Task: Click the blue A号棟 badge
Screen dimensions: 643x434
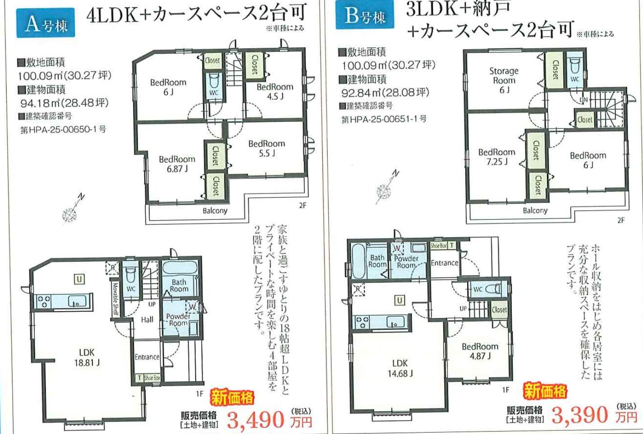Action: (46, 23)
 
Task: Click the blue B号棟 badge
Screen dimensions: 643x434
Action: (365, 14)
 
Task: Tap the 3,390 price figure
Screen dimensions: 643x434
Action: (580, 415)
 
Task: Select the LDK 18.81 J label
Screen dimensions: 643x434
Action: (87, 357)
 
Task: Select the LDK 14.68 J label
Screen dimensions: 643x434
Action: (400, 368)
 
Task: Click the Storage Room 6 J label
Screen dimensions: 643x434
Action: (504, 80)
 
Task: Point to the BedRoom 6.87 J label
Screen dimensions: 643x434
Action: (177, 164)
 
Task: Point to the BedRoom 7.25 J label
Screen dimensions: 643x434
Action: (497, 157)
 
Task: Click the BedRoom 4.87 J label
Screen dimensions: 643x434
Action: (480, 351)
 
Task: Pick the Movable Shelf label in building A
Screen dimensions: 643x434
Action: (115, 299)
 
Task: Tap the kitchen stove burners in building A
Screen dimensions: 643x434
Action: (44, 301)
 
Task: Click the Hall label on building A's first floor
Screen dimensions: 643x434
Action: (147, 319)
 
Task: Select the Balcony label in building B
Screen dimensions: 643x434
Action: (535, 211)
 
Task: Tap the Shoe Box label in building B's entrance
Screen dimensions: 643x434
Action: (439, 245)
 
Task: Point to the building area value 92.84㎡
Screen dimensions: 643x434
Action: (385, 92)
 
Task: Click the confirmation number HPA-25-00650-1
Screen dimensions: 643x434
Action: (63, 129)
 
